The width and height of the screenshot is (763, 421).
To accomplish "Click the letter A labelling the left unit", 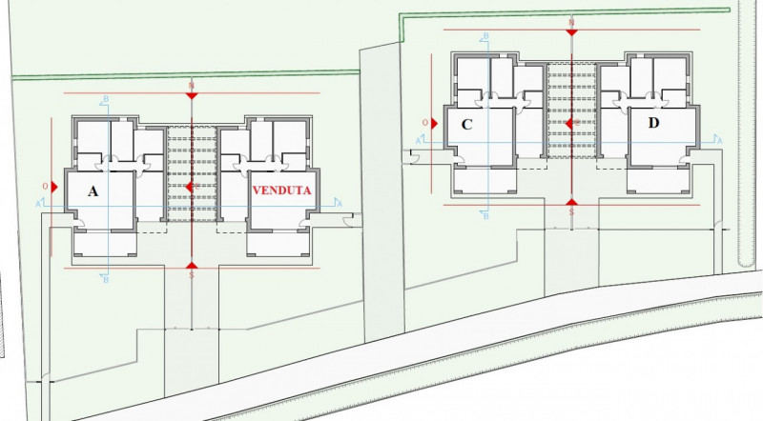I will point(93,190).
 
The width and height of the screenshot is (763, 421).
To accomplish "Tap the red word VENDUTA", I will point(281,190).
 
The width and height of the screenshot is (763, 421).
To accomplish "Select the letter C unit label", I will point(467,124).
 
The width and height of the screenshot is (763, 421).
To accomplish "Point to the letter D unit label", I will point(653,123).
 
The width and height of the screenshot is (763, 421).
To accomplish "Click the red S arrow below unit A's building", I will point(192,266).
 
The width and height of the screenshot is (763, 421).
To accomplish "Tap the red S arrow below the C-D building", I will point(570,203).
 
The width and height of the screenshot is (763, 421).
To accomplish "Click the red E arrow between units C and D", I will point(569,123).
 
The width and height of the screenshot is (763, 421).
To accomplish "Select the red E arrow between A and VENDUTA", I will point(192,188).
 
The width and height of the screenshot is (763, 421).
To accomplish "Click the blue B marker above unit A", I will point(105,100).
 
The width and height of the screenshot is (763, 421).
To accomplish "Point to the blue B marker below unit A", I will point(105,280).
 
